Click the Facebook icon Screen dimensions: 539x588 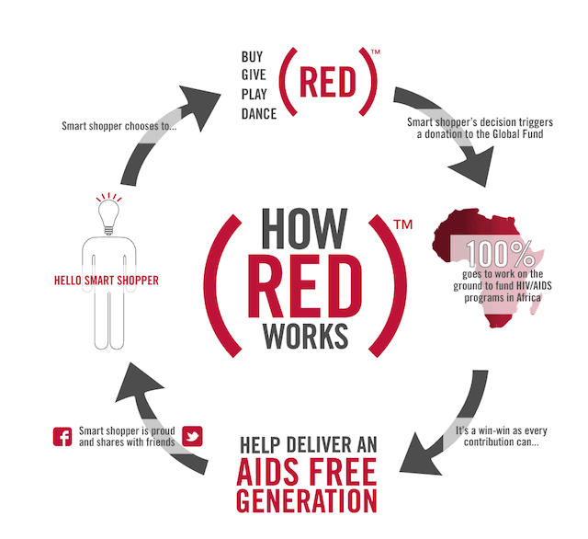point(63,436)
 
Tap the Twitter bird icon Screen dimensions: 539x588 point(193,435)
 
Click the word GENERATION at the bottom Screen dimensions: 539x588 point(306,502)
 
